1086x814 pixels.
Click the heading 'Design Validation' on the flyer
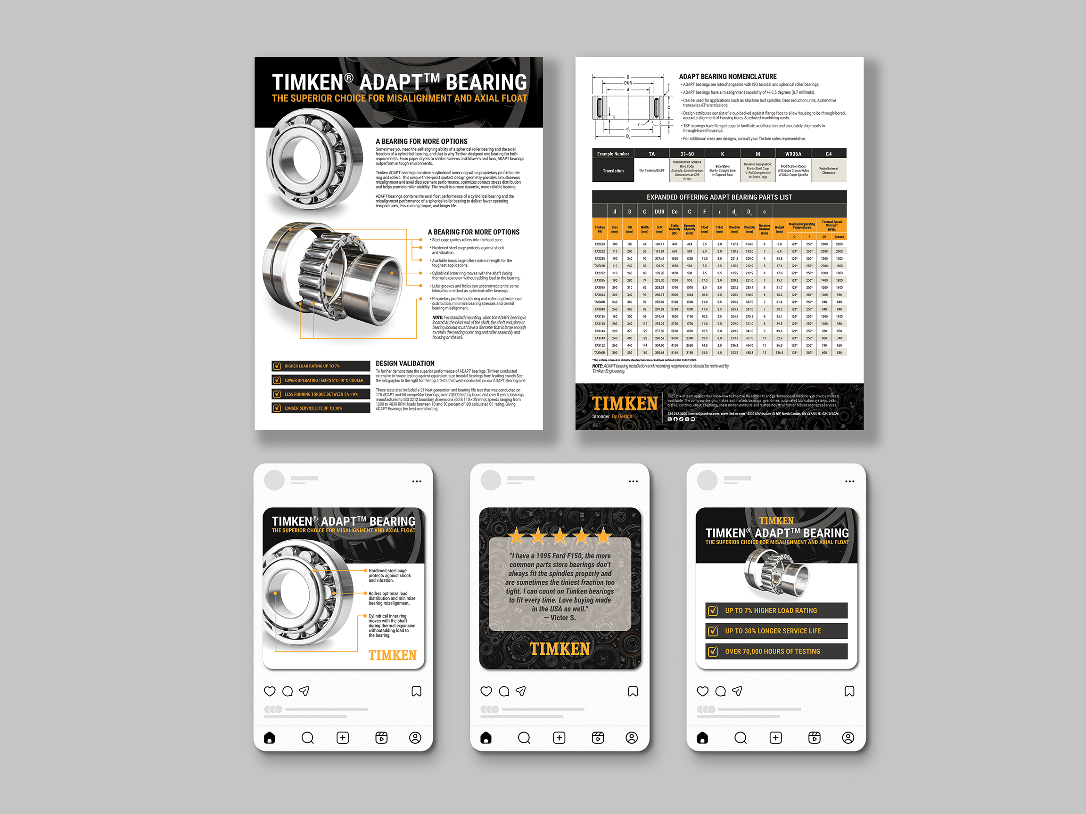click(x=405, y=364)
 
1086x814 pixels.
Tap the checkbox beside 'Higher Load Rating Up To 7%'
click(x=277, y=366)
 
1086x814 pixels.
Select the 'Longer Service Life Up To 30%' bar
click(x=321, y=408)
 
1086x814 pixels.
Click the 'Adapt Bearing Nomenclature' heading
click(x=728, y=76)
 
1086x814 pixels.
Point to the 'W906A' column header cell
click(x=793, y=154)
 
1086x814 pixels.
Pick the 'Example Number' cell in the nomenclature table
click(x=613, y=154)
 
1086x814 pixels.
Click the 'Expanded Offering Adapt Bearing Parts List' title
click(x=719, y=197)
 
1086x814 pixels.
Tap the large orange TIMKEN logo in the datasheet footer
click(x=625, y=403)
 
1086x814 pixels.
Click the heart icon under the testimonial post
click(x=486, y=692)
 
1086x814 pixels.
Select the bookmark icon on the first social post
click(x=416, y=692)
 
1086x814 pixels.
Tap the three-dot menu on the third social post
click(x=850, y=481)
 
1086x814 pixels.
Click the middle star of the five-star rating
click(x=559, y=536)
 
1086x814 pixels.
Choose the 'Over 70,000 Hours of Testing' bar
click(x=776, y=651)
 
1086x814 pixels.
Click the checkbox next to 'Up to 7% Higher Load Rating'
click(x=713, y=611)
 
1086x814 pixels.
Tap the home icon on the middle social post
click(x=486, y=738)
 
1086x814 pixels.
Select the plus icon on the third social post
click(x=776, y=738)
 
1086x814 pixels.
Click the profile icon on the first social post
click(x=415, y=738)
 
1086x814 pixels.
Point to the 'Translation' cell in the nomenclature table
click(x=613, y=171)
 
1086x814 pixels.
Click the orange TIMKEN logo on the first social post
click(x=392, y=656)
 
